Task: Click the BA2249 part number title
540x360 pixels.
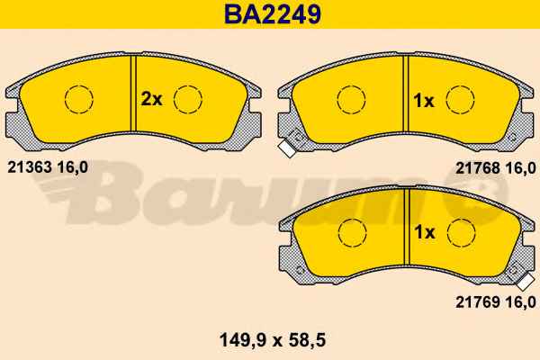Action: (273, 13)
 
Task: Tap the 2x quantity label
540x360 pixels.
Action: (151, 100)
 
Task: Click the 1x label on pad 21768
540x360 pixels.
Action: (424, 101)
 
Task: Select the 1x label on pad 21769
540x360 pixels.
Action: (425, 232)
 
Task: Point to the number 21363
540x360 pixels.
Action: (30, 167)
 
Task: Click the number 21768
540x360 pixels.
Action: (478, 168)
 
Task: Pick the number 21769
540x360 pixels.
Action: (478, 302)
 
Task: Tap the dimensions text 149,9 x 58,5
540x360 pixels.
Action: (273, 341)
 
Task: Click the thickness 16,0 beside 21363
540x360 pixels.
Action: (72, 167)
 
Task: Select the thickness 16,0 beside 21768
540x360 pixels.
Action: (520, 168)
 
